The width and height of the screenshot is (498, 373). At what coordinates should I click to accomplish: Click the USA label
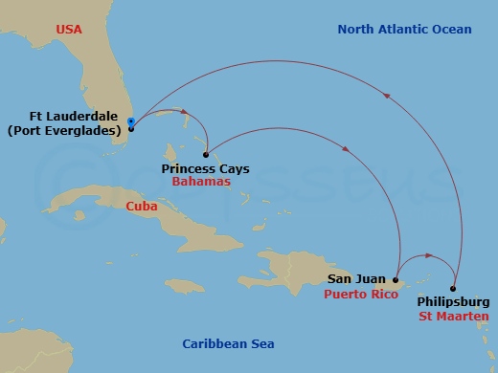click(x=68, y=30)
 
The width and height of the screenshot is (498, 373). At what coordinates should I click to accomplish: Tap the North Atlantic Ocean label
click(x=404, y=30)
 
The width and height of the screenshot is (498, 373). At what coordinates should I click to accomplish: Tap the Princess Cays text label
click(x=205, y=168)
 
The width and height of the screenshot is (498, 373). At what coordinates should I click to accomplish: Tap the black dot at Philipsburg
click(x=453, y=289)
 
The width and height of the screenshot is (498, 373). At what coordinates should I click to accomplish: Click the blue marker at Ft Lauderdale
click(x=130, y=121)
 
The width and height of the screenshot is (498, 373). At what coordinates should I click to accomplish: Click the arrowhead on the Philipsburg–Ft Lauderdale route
click(x=387, y=95)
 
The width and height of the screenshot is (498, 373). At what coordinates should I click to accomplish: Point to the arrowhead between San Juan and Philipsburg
click(x=428, y=256)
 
